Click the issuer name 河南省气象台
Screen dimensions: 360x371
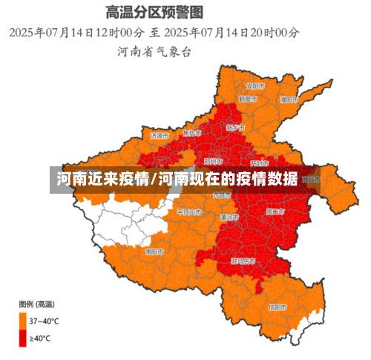tap(154, 52)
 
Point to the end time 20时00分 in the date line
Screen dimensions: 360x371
tap(274, 33)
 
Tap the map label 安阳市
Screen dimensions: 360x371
tap(257, 85)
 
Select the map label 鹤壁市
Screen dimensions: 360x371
tap(248, 99)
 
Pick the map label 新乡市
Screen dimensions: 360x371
tap(234, 127)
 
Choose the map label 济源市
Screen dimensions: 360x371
tap(160, 136)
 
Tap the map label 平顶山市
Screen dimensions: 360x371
tap(189, 212)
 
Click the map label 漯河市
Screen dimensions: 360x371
tap(230, 217)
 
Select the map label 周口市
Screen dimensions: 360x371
tap(275, 212)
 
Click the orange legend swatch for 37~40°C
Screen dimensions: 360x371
tap(23, 321)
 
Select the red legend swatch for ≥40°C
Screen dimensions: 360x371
tap(23, 338)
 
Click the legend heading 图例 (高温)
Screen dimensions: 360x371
tap(36, 304)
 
